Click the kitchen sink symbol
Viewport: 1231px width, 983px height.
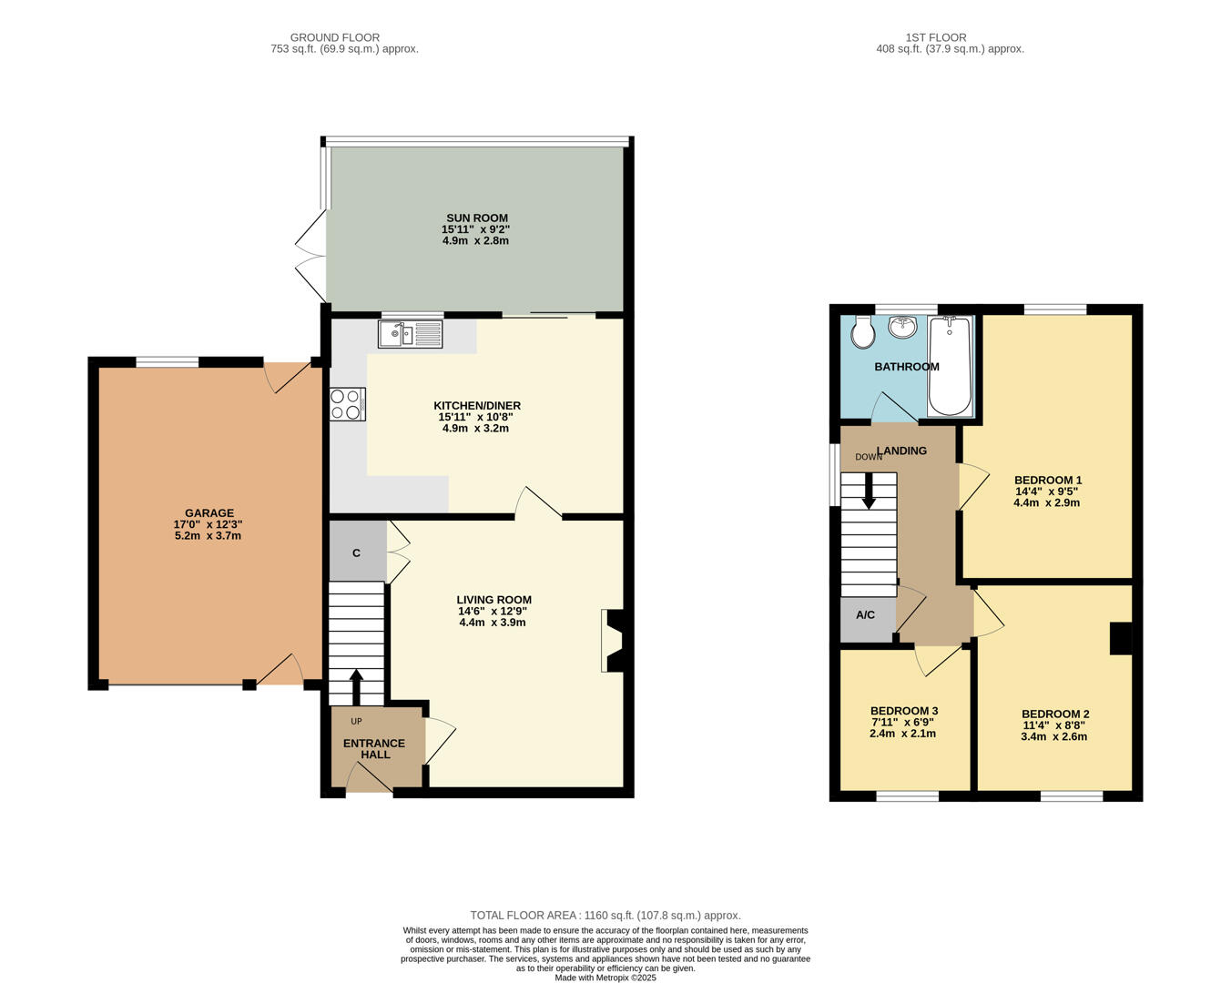coord(410,334)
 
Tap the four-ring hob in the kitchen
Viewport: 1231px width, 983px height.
coord(347,404)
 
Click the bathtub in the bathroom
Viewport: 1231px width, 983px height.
coord(950,365)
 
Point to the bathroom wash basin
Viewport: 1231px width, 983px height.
coord(903,326)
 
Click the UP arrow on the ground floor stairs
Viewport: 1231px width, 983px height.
coord(355,686)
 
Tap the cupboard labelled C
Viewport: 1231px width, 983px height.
coord(356,552)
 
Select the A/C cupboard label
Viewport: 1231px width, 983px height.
coord(865,615)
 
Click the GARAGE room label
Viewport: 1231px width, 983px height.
coord(209,513)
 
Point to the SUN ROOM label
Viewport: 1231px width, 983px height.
coord(476,218)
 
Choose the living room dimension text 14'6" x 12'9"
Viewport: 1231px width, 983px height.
coord(494,612)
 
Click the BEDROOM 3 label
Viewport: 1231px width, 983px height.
coord(903,711)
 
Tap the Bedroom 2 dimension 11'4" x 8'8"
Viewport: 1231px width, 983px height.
coord(1054,725)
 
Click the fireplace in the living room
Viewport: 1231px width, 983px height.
coord(612,641)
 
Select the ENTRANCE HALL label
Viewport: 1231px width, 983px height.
coord(374,749)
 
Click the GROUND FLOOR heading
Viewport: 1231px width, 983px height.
coord(335,37)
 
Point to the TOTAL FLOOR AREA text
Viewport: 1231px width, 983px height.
coord(605,915)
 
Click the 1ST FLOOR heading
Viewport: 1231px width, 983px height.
coord(935,37)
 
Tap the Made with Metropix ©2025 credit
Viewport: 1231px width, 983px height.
coord(605,978)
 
